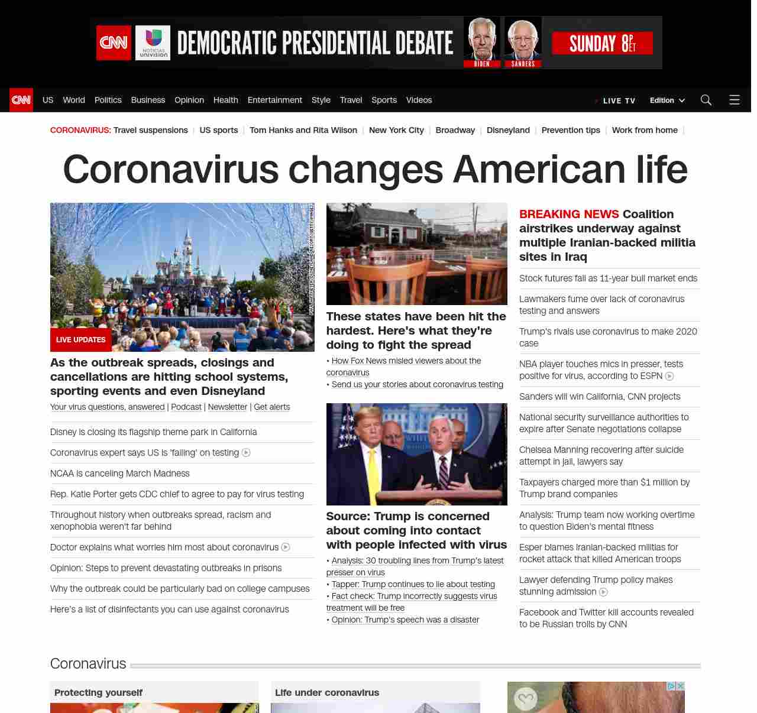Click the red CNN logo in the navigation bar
21,100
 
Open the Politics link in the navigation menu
108,100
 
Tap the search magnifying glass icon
706,100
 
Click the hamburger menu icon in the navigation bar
735,100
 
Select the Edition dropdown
667,101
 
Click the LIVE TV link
619,101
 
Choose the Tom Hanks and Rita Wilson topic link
303,130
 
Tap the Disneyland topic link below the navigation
508,130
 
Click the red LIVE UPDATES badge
80,340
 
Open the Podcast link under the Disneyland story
186,407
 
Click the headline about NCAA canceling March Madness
120,474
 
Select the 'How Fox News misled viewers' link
406,361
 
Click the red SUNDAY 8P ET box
602,43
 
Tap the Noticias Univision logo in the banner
153,43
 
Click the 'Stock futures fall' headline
608,278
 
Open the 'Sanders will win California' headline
600,397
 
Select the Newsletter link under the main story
228,407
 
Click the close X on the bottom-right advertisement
681,686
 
